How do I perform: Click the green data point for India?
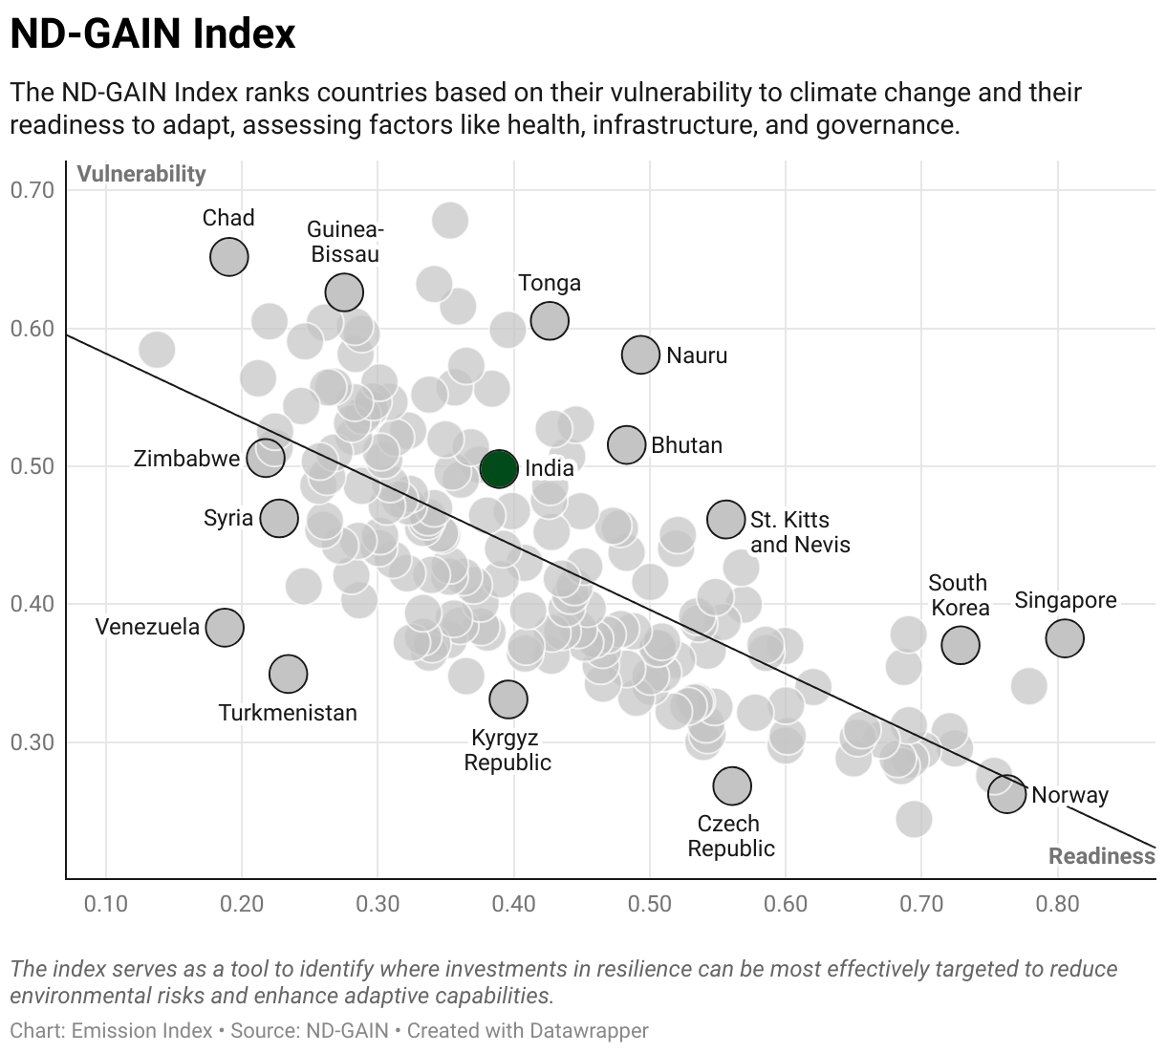499,468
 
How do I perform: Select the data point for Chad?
229,256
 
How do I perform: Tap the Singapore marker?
1065,637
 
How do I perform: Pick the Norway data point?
1006,793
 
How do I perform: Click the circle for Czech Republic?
732,785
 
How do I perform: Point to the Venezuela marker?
225,627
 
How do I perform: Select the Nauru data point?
640,355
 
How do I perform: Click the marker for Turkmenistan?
288,674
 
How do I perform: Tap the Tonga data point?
550,320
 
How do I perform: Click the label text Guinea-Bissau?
345,242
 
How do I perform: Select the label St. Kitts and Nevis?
799,532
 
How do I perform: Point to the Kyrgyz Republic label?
507,750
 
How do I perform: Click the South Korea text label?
959,595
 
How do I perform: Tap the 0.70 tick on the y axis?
32,190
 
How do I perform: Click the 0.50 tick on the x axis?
650,904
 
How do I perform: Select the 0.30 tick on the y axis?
32,742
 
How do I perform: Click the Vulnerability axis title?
141,174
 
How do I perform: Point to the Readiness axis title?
1101,855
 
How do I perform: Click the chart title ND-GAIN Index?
153,34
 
